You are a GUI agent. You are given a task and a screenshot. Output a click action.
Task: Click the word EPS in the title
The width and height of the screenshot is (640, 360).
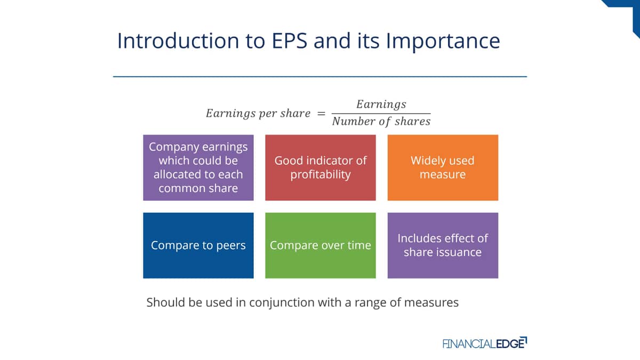point(290,41)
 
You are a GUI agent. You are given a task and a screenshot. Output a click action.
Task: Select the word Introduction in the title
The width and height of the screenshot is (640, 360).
point(178,41)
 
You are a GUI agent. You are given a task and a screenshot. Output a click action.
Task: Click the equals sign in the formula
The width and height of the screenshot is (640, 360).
point(321,114)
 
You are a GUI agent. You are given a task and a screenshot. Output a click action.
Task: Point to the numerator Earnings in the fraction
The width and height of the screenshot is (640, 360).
point(381,105)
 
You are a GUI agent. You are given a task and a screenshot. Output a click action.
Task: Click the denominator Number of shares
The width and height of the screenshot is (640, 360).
point(381,122)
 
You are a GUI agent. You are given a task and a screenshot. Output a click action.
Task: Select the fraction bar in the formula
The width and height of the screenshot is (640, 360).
point(381,114)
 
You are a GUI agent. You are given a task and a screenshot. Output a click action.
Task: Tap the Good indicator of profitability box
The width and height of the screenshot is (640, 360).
point(321,167)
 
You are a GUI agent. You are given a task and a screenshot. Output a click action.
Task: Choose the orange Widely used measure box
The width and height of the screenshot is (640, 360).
point(443,167)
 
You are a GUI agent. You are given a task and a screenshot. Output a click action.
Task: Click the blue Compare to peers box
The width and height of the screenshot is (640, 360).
point(198,245)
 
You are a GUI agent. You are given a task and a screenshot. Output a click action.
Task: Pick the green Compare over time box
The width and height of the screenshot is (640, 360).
point(321,245)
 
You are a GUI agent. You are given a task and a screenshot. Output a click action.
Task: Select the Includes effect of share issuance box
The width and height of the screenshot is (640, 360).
point(443,245)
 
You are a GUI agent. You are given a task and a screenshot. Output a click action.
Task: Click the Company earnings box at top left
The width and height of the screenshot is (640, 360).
point(198,167)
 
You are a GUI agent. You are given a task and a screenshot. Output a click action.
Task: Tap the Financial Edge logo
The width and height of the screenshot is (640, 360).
point(485,343)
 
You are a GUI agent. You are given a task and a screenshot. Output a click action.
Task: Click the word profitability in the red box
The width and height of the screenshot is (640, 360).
point(321,175)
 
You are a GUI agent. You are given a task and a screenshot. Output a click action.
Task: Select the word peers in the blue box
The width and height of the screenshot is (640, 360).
point(231,246)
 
